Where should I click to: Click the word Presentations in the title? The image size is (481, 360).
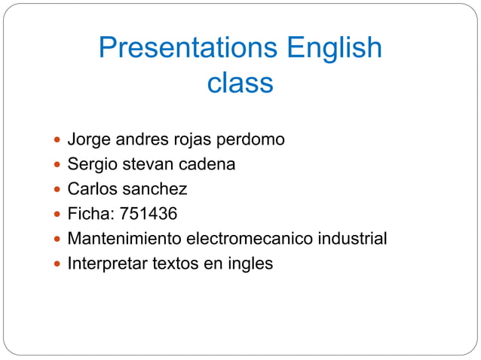188,50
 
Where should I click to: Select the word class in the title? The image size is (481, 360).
240,83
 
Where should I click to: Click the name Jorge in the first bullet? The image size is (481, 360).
88,140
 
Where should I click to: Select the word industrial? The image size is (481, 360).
349,239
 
